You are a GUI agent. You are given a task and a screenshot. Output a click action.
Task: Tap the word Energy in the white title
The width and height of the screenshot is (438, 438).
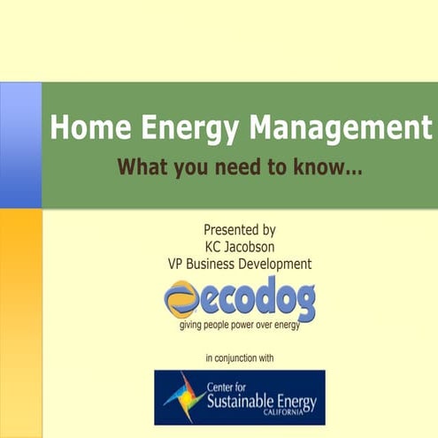pyautogui.click(x=184, y=129)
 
